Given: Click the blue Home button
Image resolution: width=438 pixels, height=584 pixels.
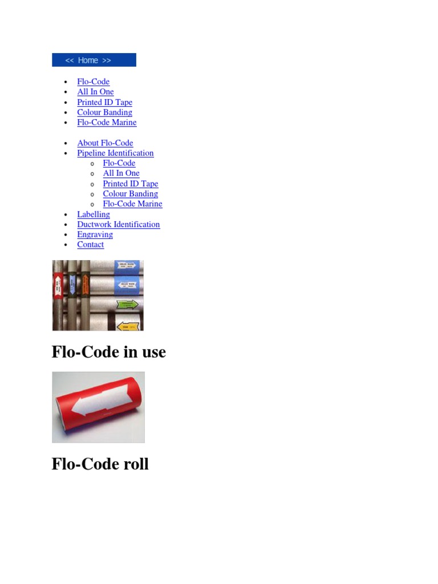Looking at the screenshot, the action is click(94, 60).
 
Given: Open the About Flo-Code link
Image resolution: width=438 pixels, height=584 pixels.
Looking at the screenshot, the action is click(105, 143).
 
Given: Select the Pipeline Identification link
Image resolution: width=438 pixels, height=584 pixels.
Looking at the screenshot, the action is click(115, 153).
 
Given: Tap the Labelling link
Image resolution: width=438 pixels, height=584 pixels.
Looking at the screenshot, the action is click(94, 214).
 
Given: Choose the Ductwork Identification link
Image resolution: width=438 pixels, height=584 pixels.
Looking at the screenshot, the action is click(119, 224).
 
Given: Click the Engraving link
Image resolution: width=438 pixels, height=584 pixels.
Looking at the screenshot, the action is click(95, 234).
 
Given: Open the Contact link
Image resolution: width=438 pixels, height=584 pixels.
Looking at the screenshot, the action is click(91, 245).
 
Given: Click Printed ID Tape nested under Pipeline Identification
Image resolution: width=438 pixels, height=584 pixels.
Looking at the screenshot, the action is click(131, 184).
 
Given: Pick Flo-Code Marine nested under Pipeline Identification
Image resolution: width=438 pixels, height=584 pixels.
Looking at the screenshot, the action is click(132, 204).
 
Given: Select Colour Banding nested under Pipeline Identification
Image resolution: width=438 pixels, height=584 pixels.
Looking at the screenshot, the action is click(130, 194).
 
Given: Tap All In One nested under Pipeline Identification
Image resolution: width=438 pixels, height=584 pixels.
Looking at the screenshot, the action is click(121, 173).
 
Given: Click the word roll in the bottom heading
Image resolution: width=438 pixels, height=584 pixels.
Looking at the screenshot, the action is click(136, 464).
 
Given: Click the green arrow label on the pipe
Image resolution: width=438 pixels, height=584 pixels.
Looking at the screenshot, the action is click(127, 305).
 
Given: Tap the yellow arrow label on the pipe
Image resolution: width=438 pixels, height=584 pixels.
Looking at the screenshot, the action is click(127, 326).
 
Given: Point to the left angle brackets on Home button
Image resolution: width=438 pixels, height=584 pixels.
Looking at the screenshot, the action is click(70, 60).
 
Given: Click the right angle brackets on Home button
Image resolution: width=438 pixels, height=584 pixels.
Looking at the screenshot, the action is click(107, 60).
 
